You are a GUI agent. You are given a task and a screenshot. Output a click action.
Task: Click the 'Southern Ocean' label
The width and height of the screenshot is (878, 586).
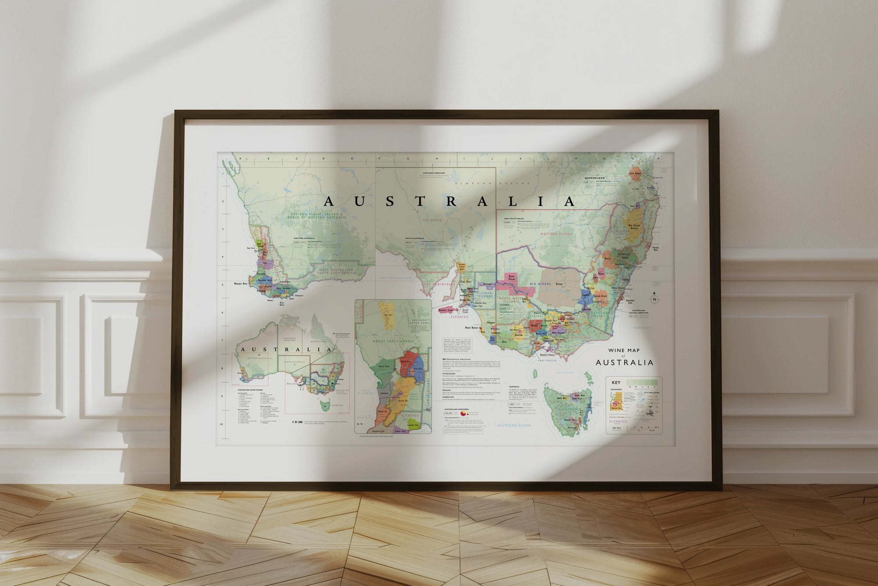point(514,426)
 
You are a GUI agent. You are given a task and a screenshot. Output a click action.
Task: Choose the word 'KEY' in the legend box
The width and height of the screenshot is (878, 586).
point(616,382)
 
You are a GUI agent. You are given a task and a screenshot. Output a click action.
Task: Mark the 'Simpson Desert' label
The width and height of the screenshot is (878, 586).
point(492,183)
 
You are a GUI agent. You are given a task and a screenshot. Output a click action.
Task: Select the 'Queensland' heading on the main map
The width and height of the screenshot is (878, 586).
point(595,178)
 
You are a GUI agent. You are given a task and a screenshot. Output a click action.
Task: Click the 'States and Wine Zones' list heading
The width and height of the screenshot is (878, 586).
point(250,390)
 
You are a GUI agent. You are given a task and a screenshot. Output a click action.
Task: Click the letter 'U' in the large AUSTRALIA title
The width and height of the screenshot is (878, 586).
point(359,202)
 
